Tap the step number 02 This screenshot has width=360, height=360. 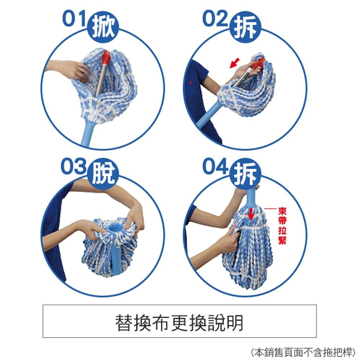(x=215, y=19)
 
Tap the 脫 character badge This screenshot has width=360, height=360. (x=103, y=175)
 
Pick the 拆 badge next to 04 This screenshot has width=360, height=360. (x=245, y=175)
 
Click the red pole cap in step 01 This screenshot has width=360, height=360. (x=107, y=58)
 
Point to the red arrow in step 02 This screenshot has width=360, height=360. (x=234, y=64)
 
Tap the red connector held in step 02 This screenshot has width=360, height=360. (x=258, y=64)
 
